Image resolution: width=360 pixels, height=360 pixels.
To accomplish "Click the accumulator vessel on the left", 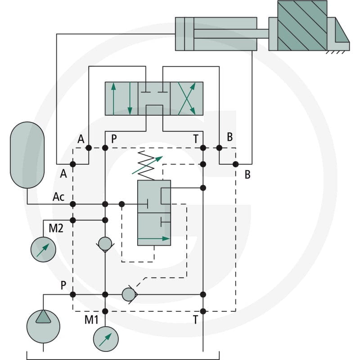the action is pyautogui.click(x=27, y=155).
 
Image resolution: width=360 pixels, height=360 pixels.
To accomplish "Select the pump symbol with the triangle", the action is pyautogui.click(x=43, y=326).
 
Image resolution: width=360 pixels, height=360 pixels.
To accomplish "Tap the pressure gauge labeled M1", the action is pyautogui.click(x=106, y=339).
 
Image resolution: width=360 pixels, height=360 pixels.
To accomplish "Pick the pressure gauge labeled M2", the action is pyautogui.click(x=43, y=249).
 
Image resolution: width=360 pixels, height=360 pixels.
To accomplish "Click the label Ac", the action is pyautogui.click(x=58, y=197).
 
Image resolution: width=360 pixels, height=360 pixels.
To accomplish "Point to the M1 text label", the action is pyautogui.click(x=91, y=319).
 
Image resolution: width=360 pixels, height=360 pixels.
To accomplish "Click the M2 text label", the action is pyautogui.click(x=56, y=228).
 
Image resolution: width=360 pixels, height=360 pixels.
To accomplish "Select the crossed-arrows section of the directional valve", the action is pyautogui.click(x=187, y=99).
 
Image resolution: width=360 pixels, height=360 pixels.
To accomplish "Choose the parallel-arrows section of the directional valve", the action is pyautogui.click(x=121, y=99).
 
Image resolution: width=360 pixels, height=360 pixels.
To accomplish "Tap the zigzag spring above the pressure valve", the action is pyautogui.click(x=146, y=165).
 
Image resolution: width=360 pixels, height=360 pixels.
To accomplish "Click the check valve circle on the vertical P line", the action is pyautogui.click(x=105, y=244).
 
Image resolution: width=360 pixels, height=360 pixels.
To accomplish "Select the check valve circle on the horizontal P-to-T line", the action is pyautogui.click(x=129, y=295).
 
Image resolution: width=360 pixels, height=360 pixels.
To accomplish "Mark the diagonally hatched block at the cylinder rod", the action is pyautogui.click(x=302, y=26).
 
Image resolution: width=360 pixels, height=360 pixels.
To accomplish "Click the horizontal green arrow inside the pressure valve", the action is pyautogui.click(x=153, y=238).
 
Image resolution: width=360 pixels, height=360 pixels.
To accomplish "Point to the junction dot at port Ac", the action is pyautogui.click(x=73, y=204).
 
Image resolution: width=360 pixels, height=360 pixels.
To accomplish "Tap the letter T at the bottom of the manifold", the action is pyautogui.click(x=195, y=319).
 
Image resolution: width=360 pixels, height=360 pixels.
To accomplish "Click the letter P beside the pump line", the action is pyautogui.click(x=63, y=285).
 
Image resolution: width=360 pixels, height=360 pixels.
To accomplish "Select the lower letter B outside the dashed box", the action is pyautogui.click(x=247, y=175).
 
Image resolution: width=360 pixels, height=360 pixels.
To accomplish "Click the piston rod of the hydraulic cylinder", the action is pyautogui.click(x=231, y=33).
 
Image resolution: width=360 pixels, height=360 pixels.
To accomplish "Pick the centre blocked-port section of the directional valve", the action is pyautogui.click(x=154, y=99).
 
